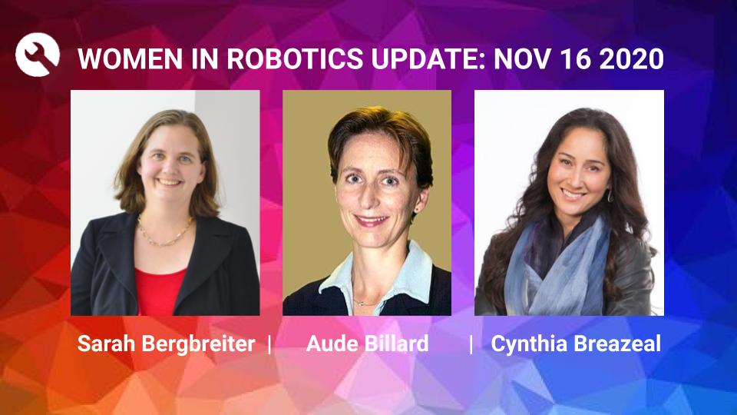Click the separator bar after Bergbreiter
point(269,344)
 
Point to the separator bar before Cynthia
point(471,344)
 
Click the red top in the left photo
point(159,288)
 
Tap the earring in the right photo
point(610,196)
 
